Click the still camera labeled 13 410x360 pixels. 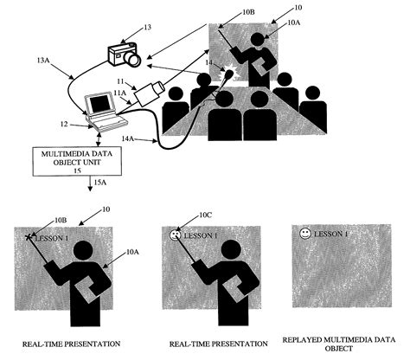[125, 55]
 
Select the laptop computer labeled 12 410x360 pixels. [105, 112]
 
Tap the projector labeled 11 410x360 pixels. [150, 93]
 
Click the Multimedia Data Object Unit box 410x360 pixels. [77, 162]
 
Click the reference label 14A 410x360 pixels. [128, 138]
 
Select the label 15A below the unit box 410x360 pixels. [100, 183]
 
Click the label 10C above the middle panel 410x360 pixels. [206, 215]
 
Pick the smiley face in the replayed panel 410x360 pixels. [305, 234]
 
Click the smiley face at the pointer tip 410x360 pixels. [175, 235]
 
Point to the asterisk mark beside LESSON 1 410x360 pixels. [29, 237]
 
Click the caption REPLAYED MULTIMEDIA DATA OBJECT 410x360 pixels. [339, 344]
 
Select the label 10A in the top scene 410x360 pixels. [294, 22]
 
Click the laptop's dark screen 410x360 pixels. [99, 104]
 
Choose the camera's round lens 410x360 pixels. [133, 59]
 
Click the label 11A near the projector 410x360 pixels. [120, 93]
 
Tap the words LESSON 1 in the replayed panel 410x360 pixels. [330, 234]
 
